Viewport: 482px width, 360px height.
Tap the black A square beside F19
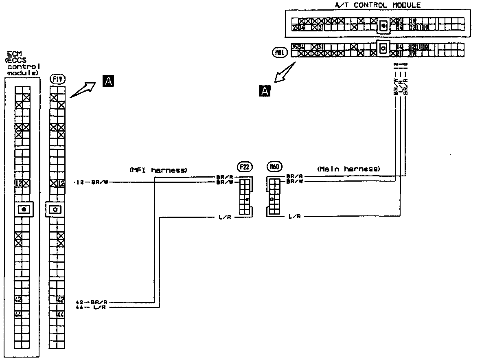[109, 81]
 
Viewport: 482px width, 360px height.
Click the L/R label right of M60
[294, 217]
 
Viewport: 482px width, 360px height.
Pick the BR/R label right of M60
[294, 176]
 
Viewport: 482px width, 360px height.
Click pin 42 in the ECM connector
[18, 300]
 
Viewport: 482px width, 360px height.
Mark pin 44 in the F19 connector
[61, 314]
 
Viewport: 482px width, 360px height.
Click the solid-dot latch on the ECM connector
[24, 209]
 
